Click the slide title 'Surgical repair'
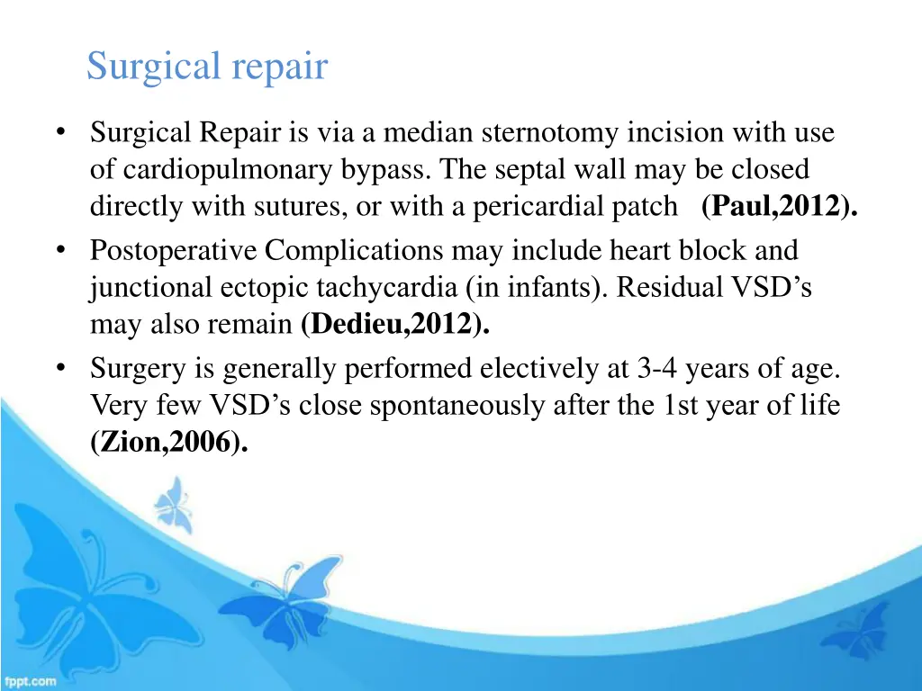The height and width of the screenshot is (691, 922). point(207,67)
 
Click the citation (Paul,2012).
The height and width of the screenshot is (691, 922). point(779,206)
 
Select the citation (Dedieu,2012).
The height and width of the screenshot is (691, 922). point(396,325)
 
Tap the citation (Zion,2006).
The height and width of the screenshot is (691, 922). point(168,442)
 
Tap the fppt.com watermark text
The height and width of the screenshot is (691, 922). point(29,681)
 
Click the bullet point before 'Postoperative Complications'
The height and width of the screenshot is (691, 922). point(60,250)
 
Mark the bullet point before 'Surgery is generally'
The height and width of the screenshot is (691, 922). point(60,369)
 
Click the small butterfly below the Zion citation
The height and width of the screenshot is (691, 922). point(174,503)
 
